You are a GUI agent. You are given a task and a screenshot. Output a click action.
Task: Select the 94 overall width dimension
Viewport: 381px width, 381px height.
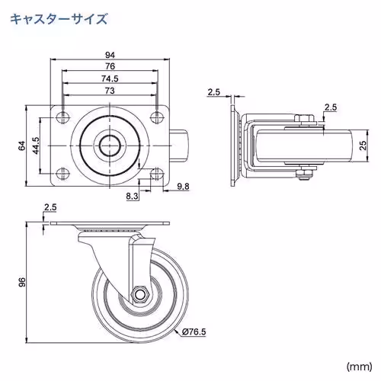pos(110,55)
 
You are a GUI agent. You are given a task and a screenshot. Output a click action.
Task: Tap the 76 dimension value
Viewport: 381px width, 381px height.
pos(110,66)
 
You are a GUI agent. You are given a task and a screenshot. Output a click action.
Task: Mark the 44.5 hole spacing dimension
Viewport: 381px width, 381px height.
pos(35,144)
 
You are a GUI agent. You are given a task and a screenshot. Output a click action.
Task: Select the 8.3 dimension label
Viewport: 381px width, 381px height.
pos(133,196)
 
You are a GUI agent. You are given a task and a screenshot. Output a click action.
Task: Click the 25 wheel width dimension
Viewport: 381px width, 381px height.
pos(364,145)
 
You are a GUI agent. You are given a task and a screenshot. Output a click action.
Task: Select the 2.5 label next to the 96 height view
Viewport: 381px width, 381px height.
pos(50,207)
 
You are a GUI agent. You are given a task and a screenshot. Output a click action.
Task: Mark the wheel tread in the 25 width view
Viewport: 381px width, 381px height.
pos(305,145)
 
